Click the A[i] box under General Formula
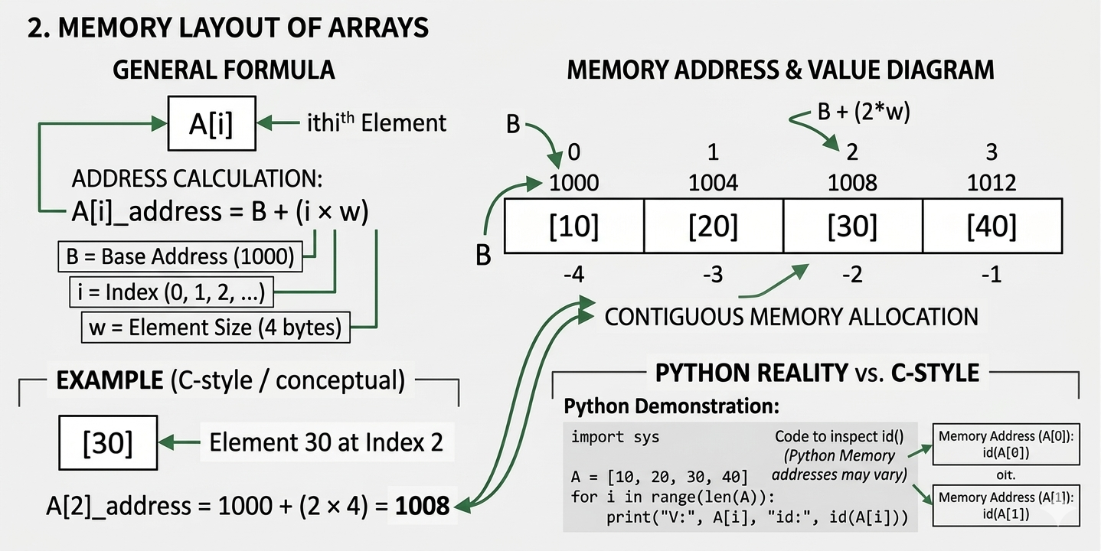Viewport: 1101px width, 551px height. tap(211, 122)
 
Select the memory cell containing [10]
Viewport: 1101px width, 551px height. tap(573, 227)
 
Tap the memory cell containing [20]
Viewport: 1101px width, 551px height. tap(713, 227)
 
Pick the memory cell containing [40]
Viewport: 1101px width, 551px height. tap(992, 227)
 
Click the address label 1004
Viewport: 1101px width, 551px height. tap(713, 183)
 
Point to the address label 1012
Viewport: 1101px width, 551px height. tap(992, 183)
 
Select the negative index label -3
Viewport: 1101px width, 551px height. tap(713, 274)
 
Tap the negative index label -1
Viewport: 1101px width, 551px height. tap(992, 274)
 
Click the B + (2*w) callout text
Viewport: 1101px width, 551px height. tap(864, 112)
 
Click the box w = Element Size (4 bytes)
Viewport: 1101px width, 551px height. tap(215, 328)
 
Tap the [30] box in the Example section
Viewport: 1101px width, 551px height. tap(108, 442)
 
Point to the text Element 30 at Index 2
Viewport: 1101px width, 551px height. tap(326, 442)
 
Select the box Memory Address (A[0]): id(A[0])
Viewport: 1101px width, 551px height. tap(1006, 444)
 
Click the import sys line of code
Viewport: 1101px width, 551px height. tap(615, 437)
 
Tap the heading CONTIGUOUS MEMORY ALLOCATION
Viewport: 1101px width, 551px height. tap(791, 316)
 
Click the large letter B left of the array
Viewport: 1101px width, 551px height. tap(483, 255)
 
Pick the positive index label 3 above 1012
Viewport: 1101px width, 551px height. tap(992, 152)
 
